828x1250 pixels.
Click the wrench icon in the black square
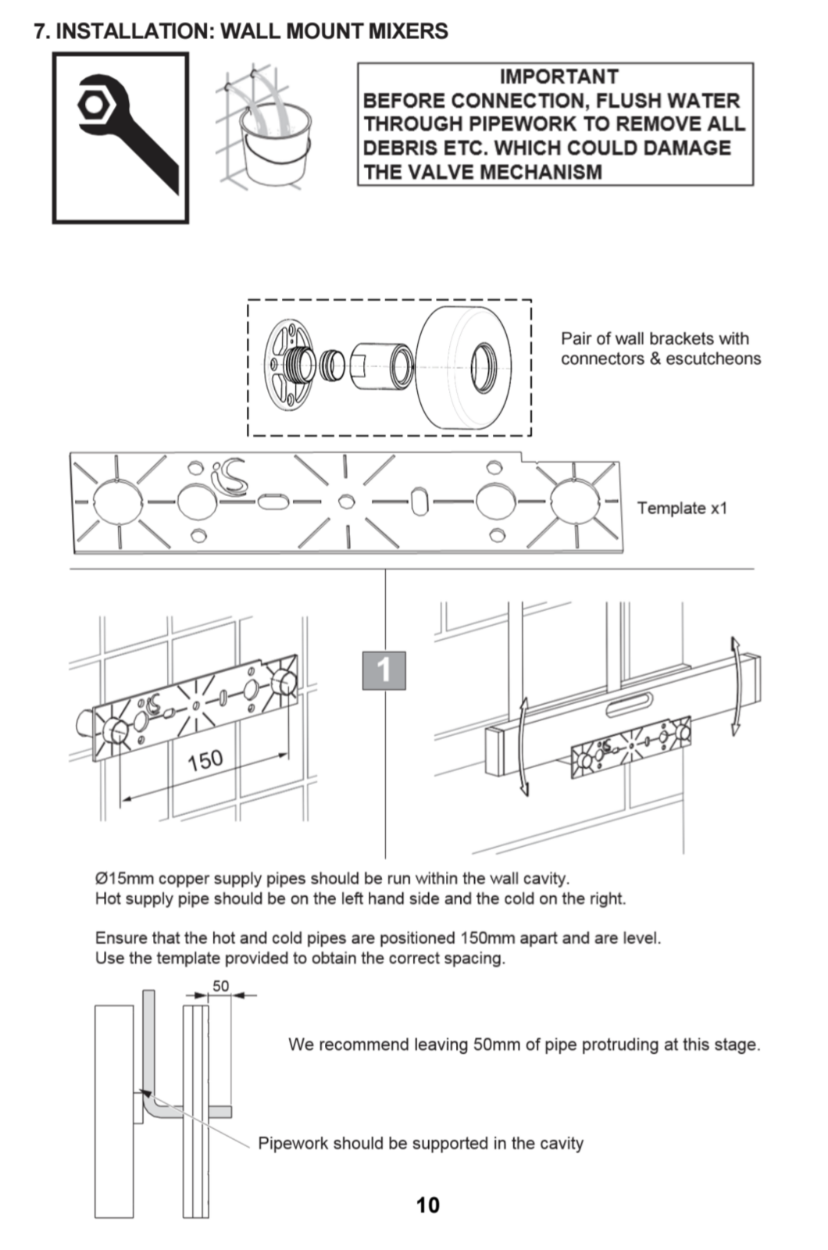[x=125, y=133]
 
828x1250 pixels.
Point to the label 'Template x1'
[x=681, y=508]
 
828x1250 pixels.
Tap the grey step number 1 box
[x=384, y=670]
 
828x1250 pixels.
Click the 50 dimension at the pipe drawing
[x=221, y=986]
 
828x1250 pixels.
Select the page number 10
[x=427, y=1205]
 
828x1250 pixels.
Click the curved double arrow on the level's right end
[x=735, y=686]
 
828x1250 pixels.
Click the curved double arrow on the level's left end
[x=523, y=747]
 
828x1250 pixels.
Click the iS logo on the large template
[x=230, y=475]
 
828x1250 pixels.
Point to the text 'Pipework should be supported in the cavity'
[x=420, y=1143]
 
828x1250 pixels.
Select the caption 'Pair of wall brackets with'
[x=655, y=338]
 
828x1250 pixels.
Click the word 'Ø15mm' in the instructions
[x=124, y=878]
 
